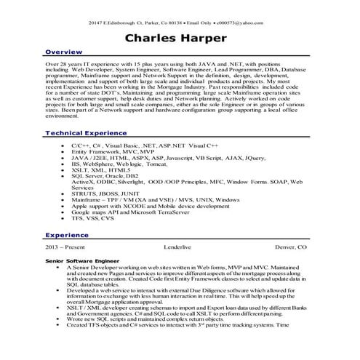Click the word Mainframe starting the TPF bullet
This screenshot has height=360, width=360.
[89, 199]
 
